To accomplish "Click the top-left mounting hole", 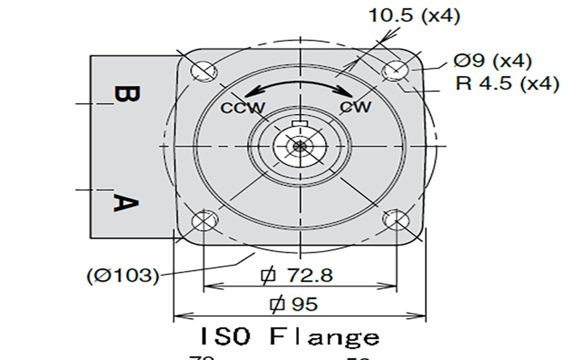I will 203,70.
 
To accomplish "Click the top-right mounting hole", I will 396,70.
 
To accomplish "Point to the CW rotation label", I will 356,107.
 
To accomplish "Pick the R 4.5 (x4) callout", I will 507,83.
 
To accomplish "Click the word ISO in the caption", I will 224,338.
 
